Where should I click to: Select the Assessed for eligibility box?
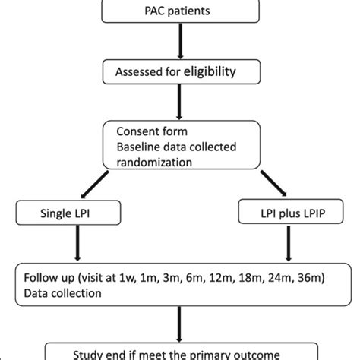pyautogui.click(x=178, y=73)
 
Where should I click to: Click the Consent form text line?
pyautogui.click(x=147, y=130)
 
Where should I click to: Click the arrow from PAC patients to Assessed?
pyautogui.click(x=179, y=44)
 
